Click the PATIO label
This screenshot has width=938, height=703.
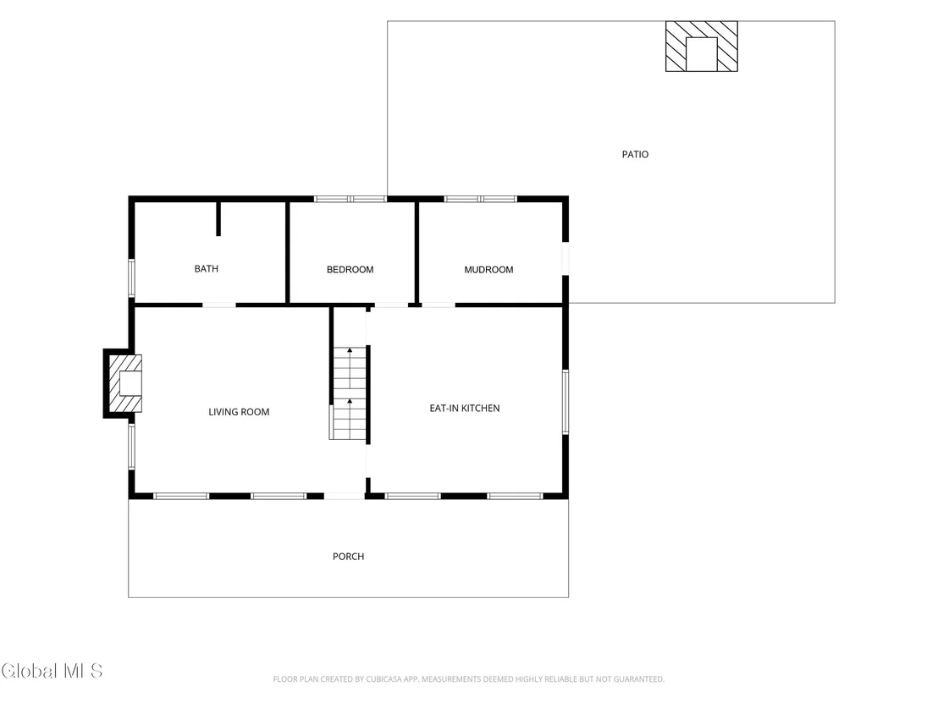coord(635,154)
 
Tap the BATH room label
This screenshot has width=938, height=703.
coord(207,269)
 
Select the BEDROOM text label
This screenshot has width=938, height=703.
coord(350,270)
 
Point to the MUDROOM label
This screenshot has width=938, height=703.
coord(488,270)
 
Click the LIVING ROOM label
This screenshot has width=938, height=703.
coord(239,412)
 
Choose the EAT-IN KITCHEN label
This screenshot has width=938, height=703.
coord(465,409)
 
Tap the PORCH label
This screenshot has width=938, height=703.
coord(348,557)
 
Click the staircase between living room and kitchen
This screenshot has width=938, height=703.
coord(349,393)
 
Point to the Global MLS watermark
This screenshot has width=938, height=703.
coord(52,671)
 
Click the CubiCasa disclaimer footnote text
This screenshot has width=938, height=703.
coord(468,679)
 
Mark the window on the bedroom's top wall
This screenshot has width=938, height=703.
coord(350,199)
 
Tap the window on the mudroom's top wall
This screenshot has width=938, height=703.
coord(480,199)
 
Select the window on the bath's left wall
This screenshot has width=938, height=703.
coord(131,278)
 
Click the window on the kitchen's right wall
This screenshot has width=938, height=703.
coord(566,402)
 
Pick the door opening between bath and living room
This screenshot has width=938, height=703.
coord(219,305)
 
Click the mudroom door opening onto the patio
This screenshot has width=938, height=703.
coord(566,258)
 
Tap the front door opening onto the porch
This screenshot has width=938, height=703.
coord(345,497)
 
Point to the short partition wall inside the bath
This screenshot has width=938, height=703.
coord(218,219)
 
